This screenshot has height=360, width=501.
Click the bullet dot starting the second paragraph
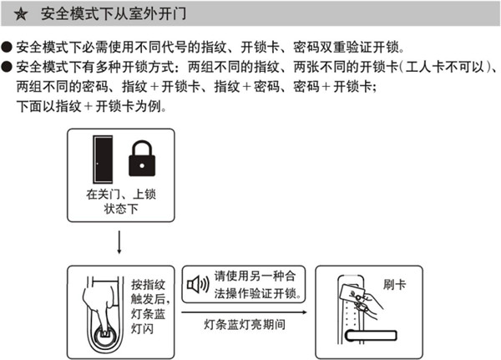(7, 67)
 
